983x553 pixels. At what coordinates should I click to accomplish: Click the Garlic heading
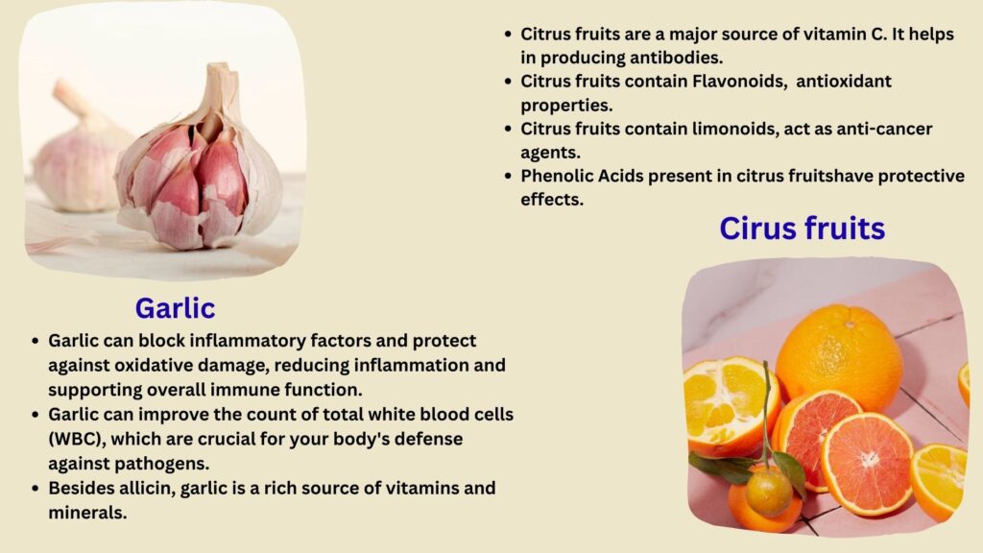[175, 308]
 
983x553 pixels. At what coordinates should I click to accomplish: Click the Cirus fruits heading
[802, 228]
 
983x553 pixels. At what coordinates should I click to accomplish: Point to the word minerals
[87, 513]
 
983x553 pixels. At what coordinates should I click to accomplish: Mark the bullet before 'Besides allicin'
[36, 489]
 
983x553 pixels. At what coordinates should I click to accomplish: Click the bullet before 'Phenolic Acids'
[508, 177]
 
